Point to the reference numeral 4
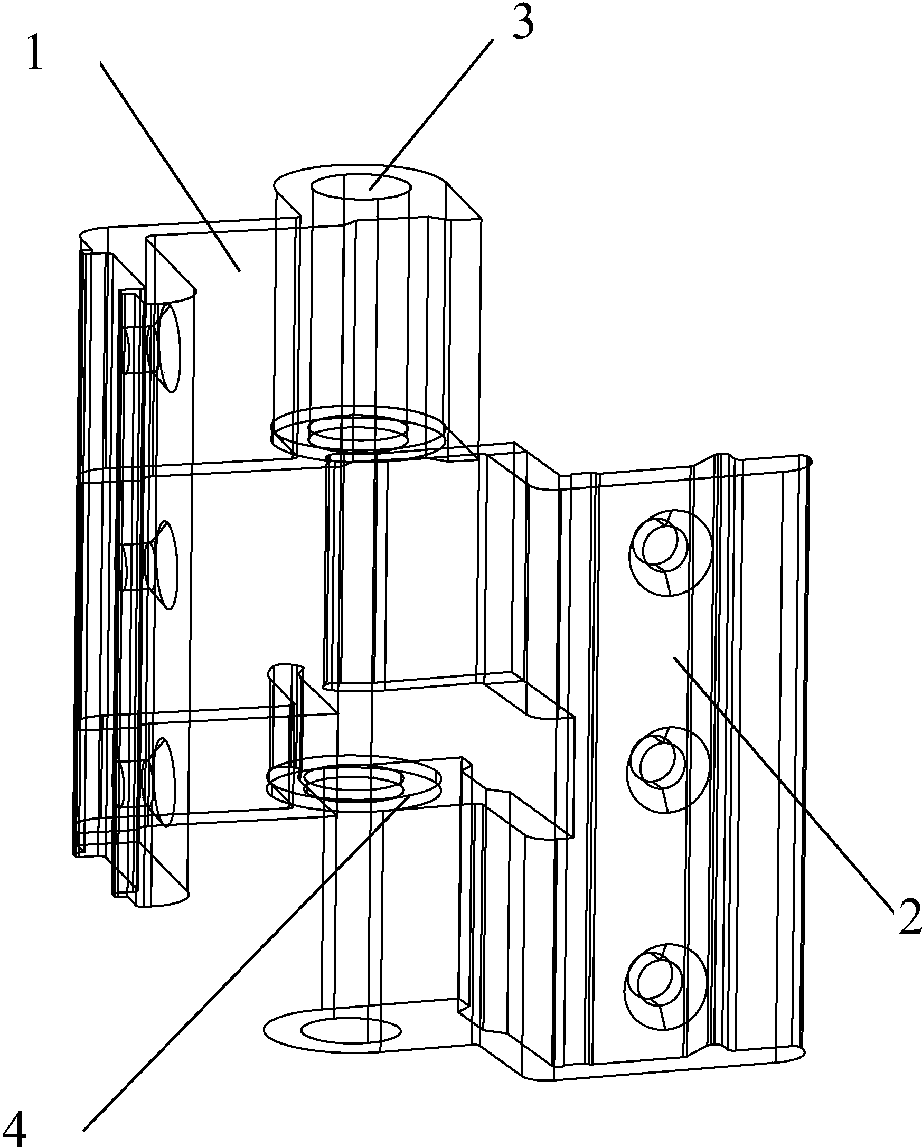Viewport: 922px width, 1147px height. pyautogui.click(x=14, y=1125)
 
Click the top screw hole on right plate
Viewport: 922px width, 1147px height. pyautogui.click(x=670, y=552)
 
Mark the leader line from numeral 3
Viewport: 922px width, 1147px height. pyautogui.click(x=432, y=115)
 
